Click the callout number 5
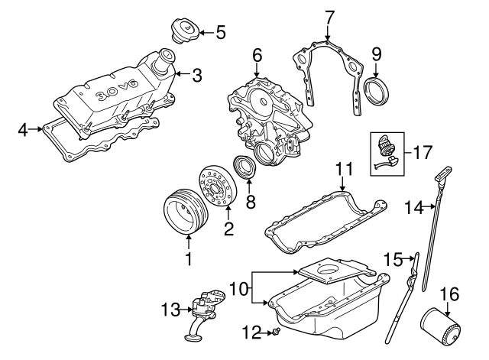[x=220, y=32]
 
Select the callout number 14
[x=413, y=206]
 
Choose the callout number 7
[x=329, y=16]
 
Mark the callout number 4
[x=23, y=131]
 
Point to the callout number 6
[x=257, y=56]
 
